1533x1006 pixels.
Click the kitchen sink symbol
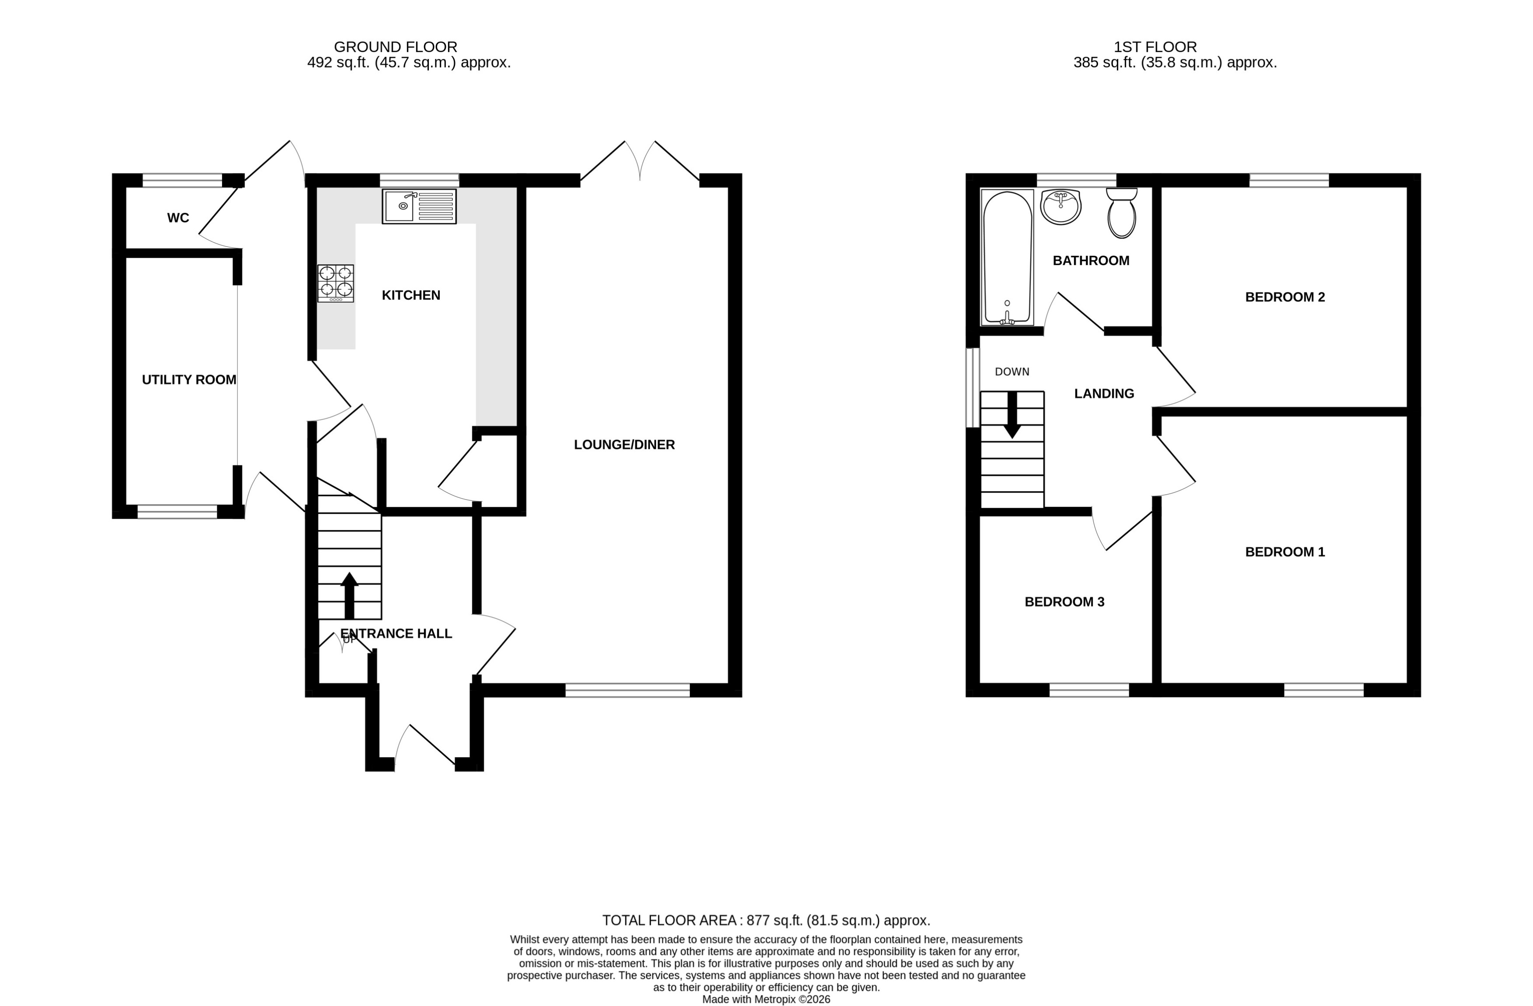click(419, 206)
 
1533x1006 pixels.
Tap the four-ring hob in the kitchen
click(335, 283)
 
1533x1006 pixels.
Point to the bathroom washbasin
click(1060, 207)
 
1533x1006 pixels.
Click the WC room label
click(178, 218)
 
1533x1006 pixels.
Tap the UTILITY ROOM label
click(189, 379)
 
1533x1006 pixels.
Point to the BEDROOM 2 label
click(1284, 297)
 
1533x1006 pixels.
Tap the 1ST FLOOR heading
click(1155, 47)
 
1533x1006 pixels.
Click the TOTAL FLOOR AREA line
click(766, 920)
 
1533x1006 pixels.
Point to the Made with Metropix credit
click(766, 999)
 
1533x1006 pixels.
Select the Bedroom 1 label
click(1284, 551)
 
